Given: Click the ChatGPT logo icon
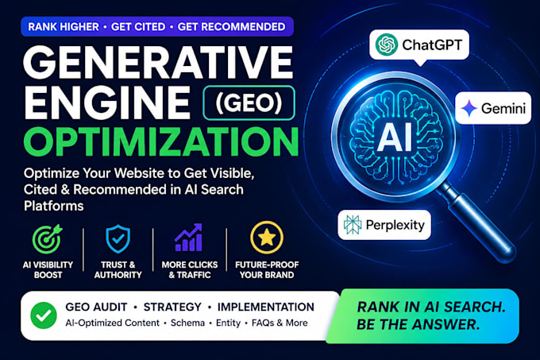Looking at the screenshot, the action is tap(387, 45).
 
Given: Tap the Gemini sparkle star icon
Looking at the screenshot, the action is tap(469, 108).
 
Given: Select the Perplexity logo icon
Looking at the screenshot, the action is tap(353, 225).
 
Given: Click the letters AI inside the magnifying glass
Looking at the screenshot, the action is tap(395, 137).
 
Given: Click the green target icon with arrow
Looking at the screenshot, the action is tap(48, 239).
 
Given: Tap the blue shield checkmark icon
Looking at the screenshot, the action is tap(118, 238).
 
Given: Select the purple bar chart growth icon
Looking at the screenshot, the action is tap(189, 238).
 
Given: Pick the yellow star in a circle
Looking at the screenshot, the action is tap(267, 238).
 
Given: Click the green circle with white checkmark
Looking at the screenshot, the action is tap(44, 315).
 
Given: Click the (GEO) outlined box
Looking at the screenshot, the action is tap(249, 103).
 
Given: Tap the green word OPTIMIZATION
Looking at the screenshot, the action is tap(161, 141).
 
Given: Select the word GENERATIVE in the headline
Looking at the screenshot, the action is tap(158, 62).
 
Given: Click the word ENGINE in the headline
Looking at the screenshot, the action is tap(107, 103).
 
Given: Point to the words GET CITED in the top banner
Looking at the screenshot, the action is tap(138, 26).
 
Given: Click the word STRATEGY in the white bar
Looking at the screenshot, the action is tap(172, 307).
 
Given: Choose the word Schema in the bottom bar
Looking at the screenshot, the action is tap(187, 323).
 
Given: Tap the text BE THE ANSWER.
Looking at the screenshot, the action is tap(418, 324).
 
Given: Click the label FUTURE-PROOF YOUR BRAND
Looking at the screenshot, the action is tap(267, 269).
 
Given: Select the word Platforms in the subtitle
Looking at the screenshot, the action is tap(54, 206).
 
